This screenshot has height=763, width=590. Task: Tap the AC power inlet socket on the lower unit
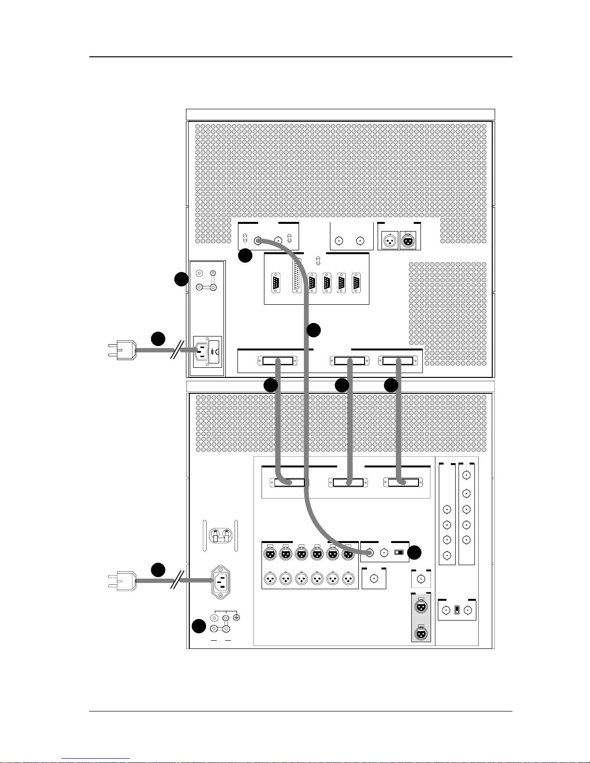[x=220, y=582]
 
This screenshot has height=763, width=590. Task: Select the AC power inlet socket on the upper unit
[x=203, y=351]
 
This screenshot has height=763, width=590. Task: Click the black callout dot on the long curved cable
[x=313, y=330]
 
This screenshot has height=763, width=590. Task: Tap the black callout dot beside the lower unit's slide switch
[x=414, y=553]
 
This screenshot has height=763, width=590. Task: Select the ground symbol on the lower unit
[x=236, y=618]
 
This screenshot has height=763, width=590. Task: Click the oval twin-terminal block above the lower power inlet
[x=221, y=534]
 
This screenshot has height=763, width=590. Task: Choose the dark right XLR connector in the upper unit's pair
[x=408, y=241]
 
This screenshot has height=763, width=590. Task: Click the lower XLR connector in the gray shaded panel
[x=421, y=633]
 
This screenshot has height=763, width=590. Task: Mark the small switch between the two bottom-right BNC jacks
[x=457, y=610]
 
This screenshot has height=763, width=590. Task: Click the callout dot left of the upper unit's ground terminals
[x=181, y=279]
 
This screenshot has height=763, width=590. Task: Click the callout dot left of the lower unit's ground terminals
[x=198, y=626]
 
